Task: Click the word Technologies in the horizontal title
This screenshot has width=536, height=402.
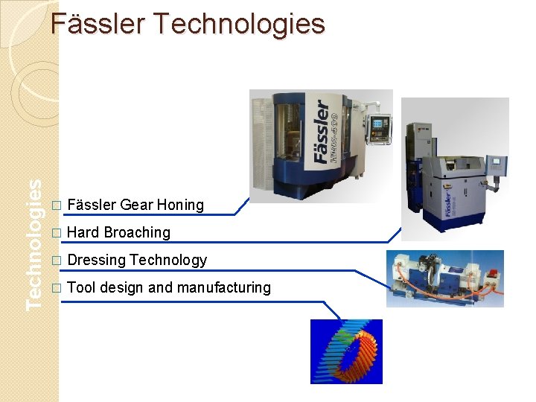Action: tap(239, 25)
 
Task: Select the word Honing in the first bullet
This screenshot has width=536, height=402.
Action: tap(180, 205)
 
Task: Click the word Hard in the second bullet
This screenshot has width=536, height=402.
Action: tap(83, 232)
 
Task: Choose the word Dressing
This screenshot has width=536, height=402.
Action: tap(96, 260)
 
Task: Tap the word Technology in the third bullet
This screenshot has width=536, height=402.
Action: tap(168, 260)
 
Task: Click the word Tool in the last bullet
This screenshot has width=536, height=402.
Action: tap(81, 287)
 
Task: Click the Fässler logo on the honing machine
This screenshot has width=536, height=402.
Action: tap(322, 133)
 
